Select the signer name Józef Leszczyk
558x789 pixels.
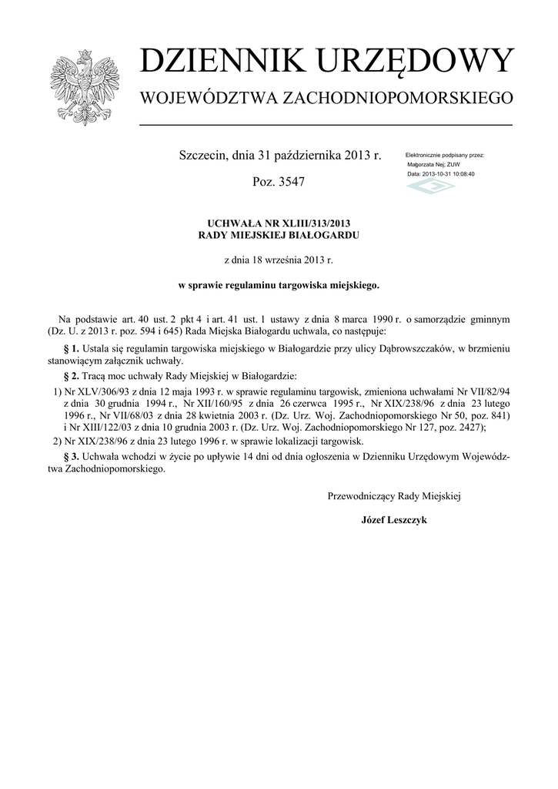(393, 520)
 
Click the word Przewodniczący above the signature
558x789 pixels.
(360, 496)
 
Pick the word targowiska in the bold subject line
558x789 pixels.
(282, 285)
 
